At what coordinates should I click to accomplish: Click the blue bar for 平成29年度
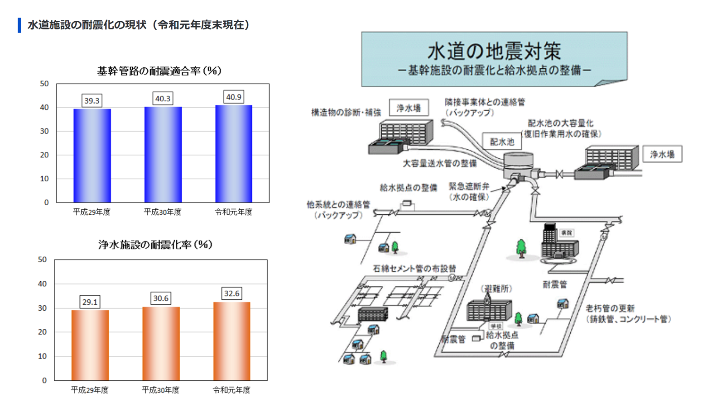tap(92, 156)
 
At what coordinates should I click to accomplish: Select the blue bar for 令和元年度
tap(234, 154)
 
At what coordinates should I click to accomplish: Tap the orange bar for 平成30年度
tap(161, 344)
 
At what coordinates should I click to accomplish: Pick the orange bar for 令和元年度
tap(231, 341)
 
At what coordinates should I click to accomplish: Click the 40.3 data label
tap(163, 99)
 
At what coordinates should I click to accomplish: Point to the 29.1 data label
tap(90, 302)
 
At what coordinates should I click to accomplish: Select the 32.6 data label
tap(231, 293)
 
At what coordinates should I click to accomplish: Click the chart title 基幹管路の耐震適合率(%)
tap(159, 71)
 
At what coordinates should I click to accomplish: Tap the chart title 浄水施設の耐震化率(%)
tap(155, 245)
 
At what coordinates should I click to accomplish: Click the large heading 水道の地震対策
tap(494, 51)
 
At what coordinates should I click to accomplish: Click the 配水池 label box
tap(502, 142)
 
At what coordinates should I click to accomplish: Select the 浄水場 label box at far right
tap(662, 154)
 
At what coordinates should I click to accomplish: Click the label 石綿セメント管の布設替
tap(414, 269)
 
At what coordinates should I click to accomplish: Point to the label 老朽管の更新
tap(610, 308)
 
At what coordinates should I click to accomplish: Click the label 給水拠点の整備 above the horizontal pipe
tap(408, 188)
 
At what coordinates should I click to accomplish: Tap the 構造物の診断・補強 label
tap(346, 113)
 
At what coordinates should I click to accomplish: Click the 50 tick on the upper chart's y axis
tap(44, 84)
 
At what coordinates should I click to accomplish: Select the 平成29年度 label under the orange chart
tap(90, 390)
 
